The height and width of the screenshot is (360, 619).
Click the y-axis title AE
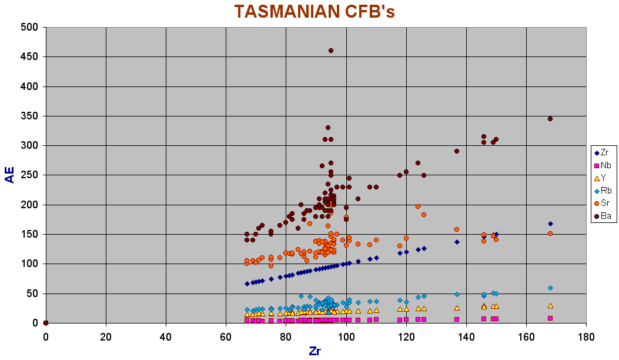[10, 174]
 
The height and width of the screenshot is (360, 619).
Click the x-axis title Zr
[315, 351]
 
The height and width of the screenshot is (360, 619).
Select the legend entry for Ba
[605, 216]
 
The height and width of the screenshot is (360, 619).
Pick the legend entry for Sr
[605, 203]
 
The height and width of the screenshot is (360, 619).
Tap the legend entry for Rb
[605, 190]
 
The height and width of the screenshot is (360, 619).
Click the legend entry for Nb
[605, 165]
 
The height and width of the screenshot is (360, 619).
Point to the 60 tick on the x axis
[226, 337]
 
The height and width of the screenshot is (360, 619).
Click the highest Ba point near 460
[331, 51]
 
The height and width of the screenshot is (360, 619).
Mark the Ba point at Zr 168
[550, 119]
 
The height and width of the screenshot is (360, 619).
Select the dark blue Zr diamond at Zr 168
[550, 224]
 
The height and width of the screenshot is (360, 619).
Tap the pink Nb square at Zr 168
[550, 318]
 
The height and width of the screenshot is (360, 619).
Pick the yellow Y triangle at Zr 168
[550, 305]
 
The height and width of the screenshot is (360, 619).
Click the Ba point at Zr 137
[457, 151]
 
